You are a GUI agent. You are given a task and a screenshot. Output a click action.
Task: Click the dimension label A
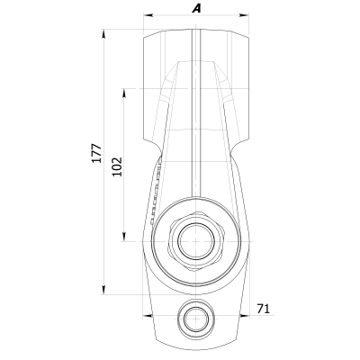point(196,9)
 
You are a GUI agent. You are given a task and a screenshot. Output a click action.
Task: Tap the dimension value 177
point(96,153)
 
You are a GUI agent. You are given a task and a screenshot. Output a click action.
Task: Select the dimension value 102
point(117,166)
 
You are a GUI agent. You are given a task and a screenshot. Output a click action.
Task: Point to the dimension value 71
point(264,309)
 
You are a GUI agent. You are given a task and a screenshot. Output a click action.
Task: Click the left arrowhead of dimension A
point(148,14)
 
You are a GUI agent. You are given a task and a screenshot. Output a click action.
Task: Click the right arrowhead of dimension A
point(244,14)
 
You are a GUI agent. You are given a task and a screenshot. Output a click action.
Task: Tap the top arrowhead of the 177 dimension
point(103,34)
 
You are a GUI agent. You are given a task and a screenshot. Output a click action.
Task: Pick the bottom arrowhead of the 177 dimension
point(103,289)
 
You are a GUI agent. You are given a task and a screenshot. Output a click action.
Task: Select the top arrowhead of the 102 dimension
point(124,94)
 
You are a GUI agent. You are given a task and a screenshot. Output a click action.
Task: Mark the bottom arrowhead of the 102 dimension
point(124,237)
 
